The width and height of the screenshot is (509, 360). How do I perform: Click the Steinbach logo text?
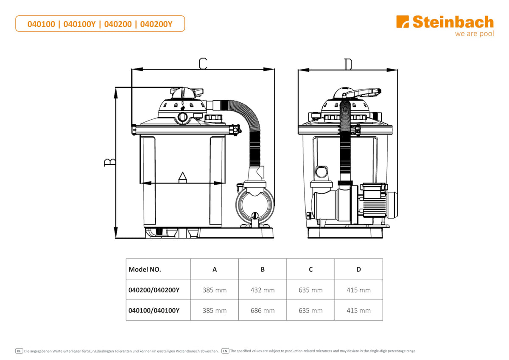pyautogui.click(x=453, y=22)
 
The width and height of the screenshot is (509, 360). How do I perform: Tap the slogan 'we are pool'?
pyautogui.click(x=475, y=34)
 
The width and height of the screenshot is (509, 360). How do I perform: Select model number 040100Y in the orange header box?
pyautogui.click(x=80, y=24)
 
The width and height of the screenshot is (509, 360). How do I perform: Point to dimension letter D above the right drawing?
pyautogui.click(x=348, y=64)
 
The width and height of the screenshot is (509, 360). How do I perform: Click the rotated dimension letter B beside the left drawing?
pyautogui.click(x=110, y=162)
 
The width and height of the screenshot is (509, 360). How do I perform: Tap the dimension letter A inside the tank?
pyautogui.click(x=182, y=177)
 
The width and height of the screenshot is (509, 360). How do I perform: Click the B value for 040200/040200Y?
pyautogui.click(x=263, y=290)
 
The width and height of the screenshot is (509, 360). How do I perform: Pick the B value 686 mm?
pyautogui.click(x=263, y=310)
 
